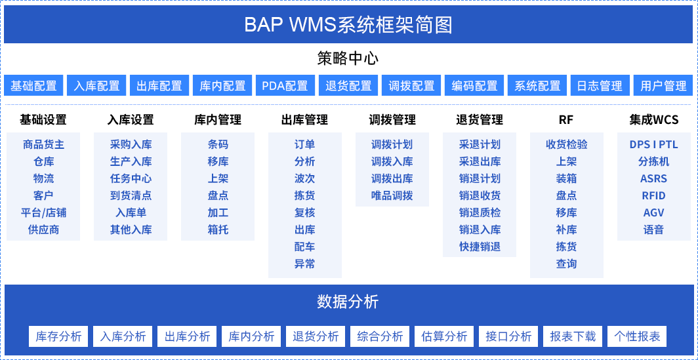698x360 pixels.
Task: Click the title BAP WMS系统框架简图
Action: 348,25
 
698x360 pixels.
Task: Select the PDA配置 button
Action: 285,85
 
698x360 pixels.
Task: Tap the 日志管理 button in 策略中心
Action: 600,85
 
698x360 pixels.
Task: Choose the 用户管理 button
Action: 663,85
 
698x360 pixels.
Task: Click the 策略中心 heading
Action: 348,59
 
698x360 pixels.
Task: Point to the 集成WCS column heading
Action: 653,120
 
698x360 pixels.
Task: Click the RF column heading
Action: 566,120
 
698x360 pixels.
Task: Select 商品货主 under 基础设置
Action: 43,145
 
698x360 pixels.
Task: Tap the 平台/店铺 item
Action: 43,212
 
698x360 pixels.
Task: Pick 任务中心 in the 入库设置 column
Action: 131,179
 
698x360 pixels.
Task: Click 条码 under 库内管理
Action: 218,145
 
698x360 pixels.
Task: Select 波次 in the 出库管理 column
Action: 305,179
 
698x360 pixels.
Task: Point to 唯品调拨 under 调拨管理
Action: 392,196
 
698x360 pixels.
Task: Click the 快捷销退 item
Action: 480,247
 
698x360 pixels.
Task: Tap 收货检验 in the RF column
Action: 567,145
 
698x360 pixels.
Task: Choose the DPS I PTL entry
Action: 653,145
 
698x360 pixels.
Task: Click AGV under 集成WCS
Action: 653,212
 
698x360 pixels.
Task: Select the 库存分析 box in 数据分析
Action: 58,336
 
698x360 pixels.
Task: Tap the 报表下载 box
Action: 573,336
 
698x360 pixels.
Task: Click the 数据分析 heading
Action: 348,302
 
